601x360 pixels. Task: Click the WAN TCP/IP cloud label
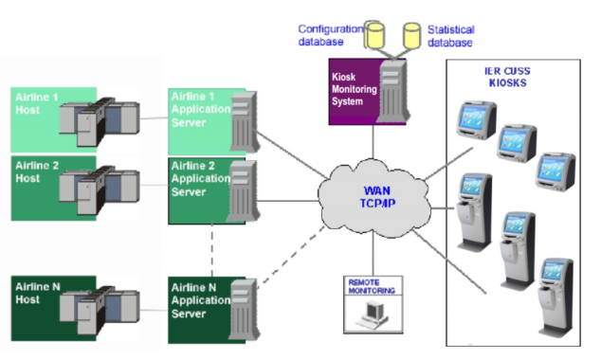377,197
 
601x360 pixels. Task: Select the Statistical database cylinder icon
412,36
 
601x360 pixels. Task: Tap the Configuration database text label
331,35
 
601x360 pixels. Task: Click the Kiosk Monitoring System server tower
392,91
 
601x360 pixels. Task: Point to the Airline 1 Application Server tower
245,122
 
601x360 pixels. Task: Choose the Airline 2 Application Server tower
243,191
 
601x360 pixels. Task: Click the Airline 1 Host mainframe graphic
100,122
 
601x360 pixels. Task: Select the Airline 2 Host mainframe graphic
100,190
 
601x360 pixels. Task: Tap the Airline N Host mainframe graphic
100,310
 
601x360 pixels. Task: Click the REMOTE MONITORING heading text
372,286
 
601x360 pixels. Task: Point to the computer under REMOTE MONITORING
373,315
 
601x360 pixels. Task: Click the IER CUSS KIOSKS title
507,77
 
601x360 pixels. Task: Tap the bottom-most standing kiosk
555,297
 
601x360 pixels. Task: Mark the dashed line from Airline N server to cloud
291,257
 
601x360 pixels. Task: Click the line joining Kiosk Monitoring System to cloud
373,142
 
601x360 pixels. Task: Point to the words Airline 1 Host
37,103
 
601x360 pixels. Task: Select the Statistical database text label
451,36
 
